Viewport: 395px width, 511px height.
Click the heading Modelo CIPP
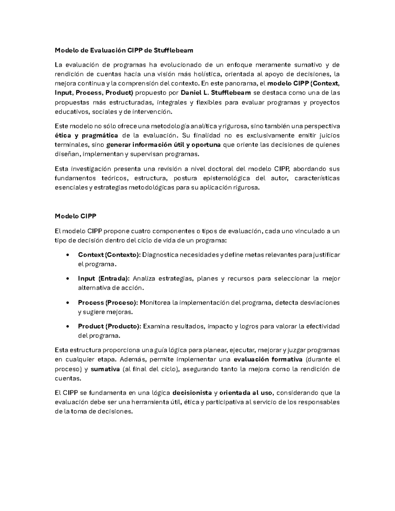coord(75,216)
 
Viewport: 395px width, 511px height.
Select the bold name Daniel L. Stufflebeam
coord(216,93)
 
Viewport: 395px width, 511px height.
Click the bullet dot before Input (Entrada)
coord(67,279)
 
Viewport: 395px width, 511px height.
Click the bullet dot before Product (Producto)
coord(67,326)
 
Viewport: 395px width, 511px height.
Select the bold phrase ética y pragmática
coord(86,136)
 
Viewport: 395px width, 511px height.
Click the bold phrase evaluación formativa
coord(268,359)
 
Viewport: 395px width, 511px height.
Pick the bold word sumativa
coord(105,369)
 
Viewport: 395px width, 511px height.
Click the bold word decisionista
coord(192,393)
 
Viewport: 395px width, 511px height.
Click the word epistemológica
coord(227,178)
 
